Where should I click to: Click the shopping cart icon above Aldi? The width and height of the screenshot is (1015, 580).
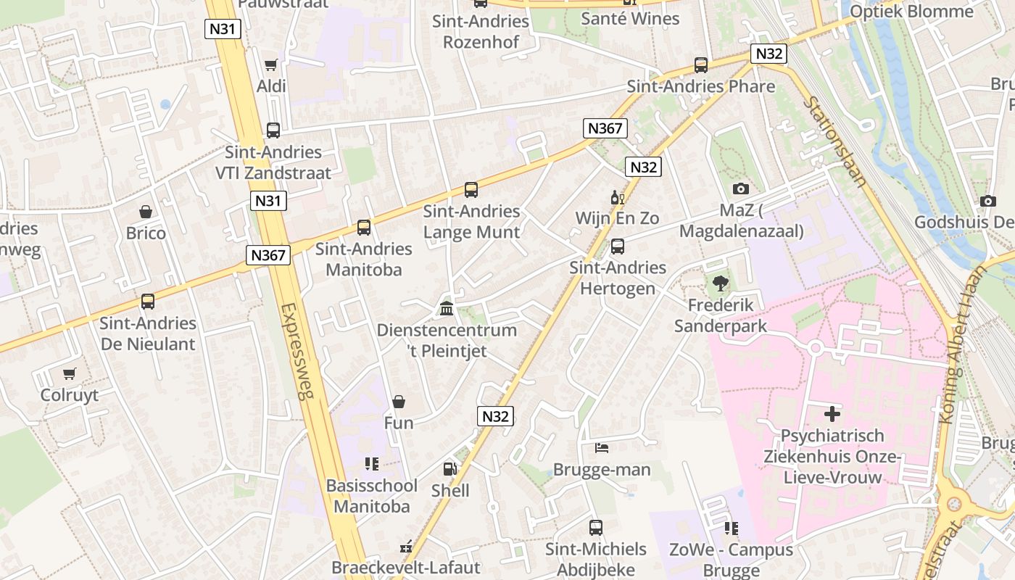pyautogui.click(x=271, y=65)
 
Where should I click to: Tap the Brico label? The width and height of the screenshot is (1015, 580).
pyautogui.click(x=146, y=233)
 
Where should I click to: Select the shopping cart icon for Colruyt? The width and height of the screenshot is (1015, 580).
pyautogui.click(x=69, y=374)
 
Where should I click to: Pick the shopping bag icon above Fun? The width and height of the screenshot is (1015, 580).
pyautogui.click(x=398, y=402)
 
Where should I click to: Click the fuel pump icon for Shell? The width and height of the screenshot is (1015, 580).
pyautogui.click(x=450, y=469)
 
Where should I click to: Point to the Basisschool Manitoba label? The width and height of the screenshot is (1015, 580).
pyautogui.click(x=371, y=496)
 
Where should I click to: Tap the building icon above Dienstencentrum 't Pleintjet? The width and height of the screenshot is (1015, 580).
pyautogui.click(x=447, y=309)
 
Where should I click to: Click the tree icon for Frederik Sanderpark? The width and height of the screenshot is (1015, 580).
pyautogui.click(x=720, y=283)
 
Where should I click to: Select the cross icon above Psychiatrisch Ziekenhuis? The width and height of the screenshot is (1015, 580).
pyautogui.click(x=832, y=414)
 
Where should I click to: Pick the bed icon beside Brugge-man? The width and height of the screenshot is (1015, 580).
pyautogui.click(x=602, y=447)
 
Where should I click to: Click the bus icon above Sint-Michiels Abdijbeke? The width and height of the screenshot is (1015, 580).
pyautogui.click(x=595, y=527)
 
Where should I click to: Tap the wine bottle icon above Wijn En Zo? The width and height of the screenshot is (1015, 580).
pyautogui.click(x=617, y=197)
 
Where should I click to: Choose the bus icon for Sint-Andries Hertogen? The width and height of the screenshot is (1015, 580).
pyautogui.click(x=617, y=246)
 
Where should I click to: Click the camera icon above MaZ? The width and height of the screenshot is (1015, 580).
pyautogui.click(x=740, y=188)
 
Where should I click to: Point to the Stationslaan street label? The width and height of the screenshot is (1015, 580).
pyautogui.click(x=834, y=141)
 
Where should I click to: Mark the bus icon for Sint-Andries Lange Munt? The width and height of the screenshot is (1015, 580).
pyautogui.click(x=471, y=190)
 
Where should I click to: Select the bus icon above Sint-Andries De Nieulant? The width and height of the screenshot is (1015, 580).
pyautogui.click(x=148, y=302)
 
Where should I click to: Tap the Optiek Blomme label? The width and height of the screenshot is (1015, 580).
pyautogui.click(x=911, y=12)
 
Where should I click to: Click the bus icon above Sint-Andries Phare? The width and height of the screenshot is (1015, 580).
pyautogui.click(x=700, y=65)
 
